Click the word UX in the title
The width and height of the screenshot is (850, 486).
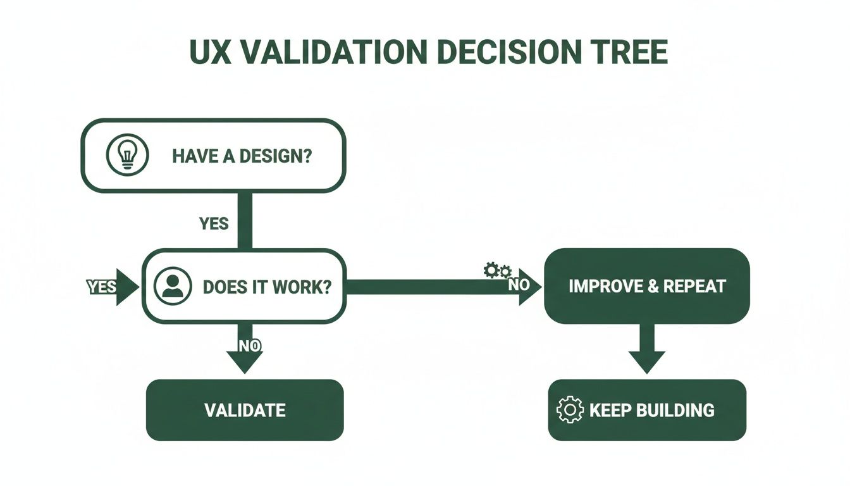pyautogui.click(x=208, y=53)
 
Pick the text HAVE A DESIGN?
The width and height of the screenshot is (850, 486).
pyautogui.click(x=242, y=156)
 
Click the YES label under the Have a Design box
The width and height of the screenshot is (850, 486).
pyautogui.click(x=214, y=223)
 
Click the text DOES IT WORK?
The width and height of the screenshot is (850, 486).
pyautogui.click(x=267, y=287)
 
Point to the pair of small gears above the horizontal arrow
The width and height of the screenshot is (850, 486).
pyautogui.click(x=497, y=271)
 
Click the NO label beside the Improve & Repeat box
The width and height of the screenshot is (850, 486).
pyautogui.click(x=519, y=285)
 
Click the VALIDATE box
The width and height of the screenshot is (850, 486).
pyautogui.click(x=245, y=410)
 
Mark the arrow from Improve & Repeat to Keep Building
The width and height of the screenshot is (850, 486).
pyautogui.click(x=646, y=351)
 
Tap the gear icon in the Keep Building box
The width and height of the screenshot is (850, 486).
pyautogui.click(x=570, y=410)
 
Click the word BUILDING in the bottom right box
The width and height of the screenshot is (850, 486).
pyautogui.click(x=674, y=410)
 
